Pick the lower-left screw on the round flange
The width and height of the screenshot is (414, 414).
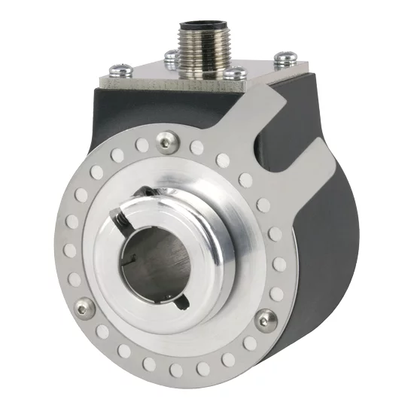coord(86,306)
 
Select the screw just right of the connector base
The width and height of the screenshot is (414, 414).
coord(235,73)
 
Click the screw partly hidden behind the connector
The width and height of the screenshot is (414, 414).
coord(172,57)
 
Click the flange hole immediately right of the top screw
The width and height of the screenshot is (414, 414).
coord(196,148)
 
